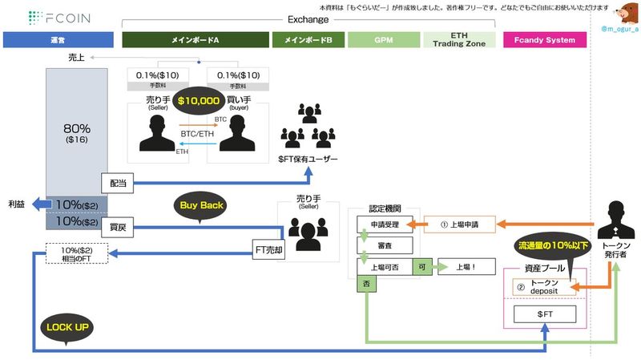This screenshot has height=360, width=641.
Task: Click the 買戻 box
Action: click(x=116, y=228)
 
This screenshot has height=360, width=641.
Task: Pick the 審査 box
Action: click(x=385, y=243)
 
